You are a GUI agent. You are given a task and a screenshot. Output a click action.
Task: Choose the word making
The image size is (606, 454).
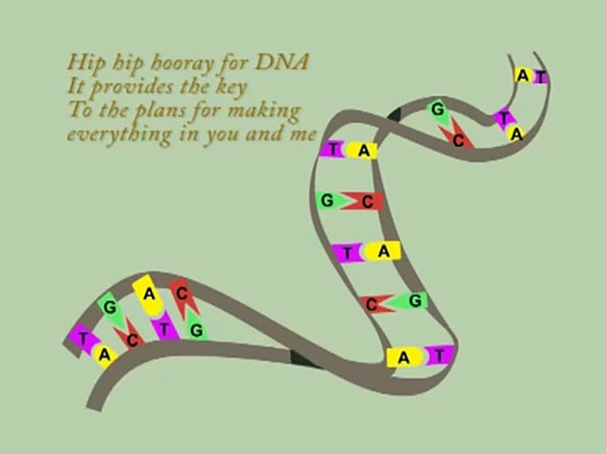coord(264,111)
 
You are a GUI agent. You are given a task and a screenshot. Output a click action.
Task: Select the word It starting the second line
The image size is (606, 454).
coord(75,86)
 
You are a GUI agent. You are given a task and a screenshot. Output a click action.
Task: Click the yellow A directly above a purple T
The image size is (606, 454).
coord(149,294)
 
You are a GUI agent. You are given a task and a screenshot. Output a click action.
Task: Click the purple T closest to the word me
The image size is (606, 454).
coord(332,149)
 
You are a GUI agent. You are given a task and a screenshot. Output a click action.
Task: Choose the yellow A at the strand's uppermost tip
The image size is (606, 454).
coord(524,75)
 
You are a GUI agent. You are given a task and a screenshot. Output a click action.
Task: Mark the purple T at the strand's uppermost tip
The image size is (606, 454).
coord(541,76)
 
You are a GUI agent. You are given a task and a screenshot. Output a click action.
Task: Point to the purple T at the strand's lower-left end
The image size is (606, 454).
coord(82,337)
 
